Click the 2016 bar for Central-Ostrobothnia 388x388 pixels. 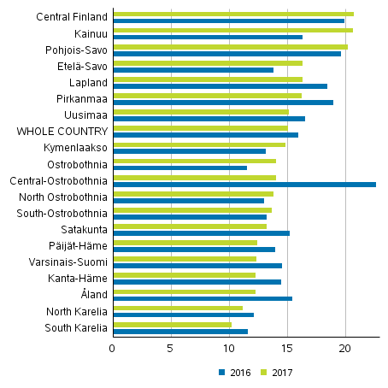pyautogui.click(x=244, y=185)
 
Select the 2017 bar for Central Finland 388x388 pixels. pyautogui.click(x=233, y=15)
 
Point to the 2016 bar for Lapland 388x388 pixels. pyautogui.click(x=220, y=86)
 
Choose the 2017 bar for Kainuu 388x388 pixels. pyautogui.click(x=233, y=31)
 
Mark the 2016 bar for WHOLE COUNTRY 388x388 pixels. pyautogui.click(x=206, y=135)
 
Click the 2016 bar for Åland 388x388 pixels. pyautogui.click(x=203, y=298)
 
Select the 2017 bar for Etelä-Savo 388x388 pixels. pyautogui.click(x=208, y=63)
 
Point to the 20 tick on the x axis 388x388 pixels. pyautogui.click(x=346, y=349)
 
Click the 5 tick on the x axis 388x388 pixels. pyautogui.click(x=172, y=349)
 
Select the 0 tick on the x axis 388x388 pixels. pyautogui.click(x=114, y=349)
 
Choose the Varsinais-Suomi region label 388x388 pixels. pyautogui.click(x=73, y=262)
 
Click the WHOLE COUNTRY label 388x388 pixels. pyautogui.click(x=63, y=132)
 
